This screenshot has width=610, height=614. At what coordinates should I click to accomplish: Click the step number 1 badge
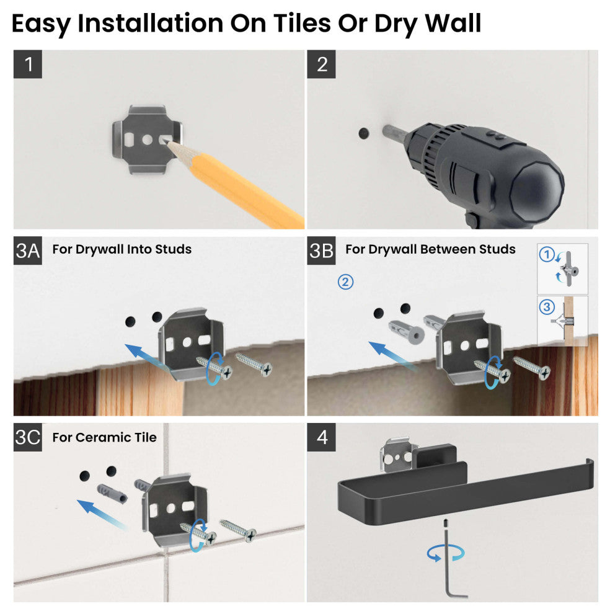28,65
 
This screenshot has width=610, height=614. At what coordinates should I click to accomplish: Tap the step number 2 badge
321,65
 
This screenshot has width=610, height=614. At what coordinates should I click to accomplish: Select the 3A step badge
28,251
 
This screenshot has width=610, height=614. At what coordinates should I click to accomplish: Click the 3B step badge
321,251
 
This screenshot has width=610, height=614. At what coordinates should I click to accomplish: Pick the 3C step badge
28,437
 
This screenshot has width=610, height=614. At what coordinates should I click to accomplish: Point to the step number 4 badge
321,437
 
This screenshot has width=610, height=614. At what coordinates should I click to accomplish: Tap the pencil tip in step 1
167,143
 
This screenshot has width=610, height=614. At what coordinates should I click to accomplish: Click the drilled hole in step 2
364,133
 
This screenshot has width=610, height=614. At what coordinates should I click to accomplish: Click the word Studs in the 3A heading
173,249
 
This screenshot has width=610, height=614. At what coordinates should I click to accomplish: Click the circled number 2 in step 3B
345,282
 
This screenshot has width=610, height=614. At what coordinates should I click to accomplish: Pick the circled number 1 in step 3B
547,254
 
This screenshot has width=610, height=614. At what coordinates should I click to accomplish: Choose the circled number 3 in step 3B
547,306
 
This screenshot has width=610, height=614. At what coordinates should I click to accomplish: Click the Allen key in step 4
451,560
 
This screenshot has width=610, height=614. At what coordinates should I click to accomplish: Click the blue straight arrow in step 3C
102,515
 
